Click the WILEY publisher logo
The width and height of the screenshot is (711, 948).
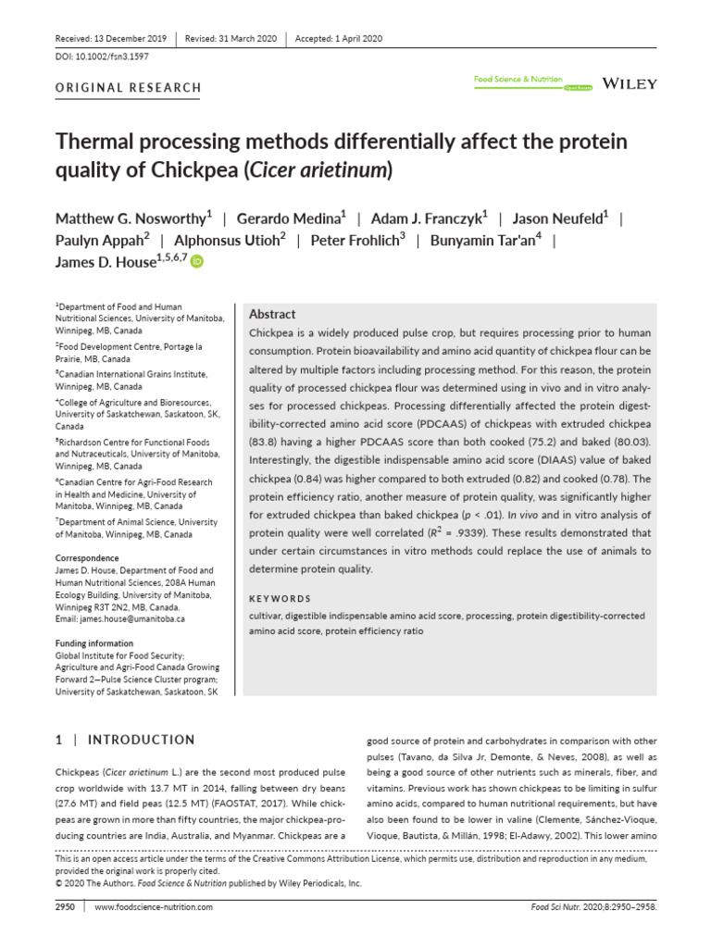click(x=630, y=83)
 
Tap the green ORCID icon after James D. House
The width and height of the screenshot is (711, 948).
click(x=196, y=263)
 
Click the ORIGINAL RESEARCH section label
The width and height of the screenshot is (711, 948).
click(x=129, y=88)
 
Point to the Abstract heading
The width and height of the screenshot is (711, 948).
click(x=273, y=315)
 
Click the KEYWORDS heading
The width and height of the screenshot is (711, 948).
click(x=281, y=598)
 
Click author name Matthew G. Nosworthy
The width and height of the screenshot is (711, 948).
click(x=131, y=218)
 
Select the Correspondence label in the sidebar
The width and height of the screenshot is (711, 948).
click(x=87, y=559)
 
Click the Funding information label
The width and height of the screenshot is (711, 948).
click(x=94, y=643)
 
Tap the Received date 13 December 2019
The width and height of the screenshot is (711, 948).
click(x=111, y=39)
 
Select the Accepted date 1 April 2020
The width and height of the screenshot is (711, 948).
click(x=339, y=39)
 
